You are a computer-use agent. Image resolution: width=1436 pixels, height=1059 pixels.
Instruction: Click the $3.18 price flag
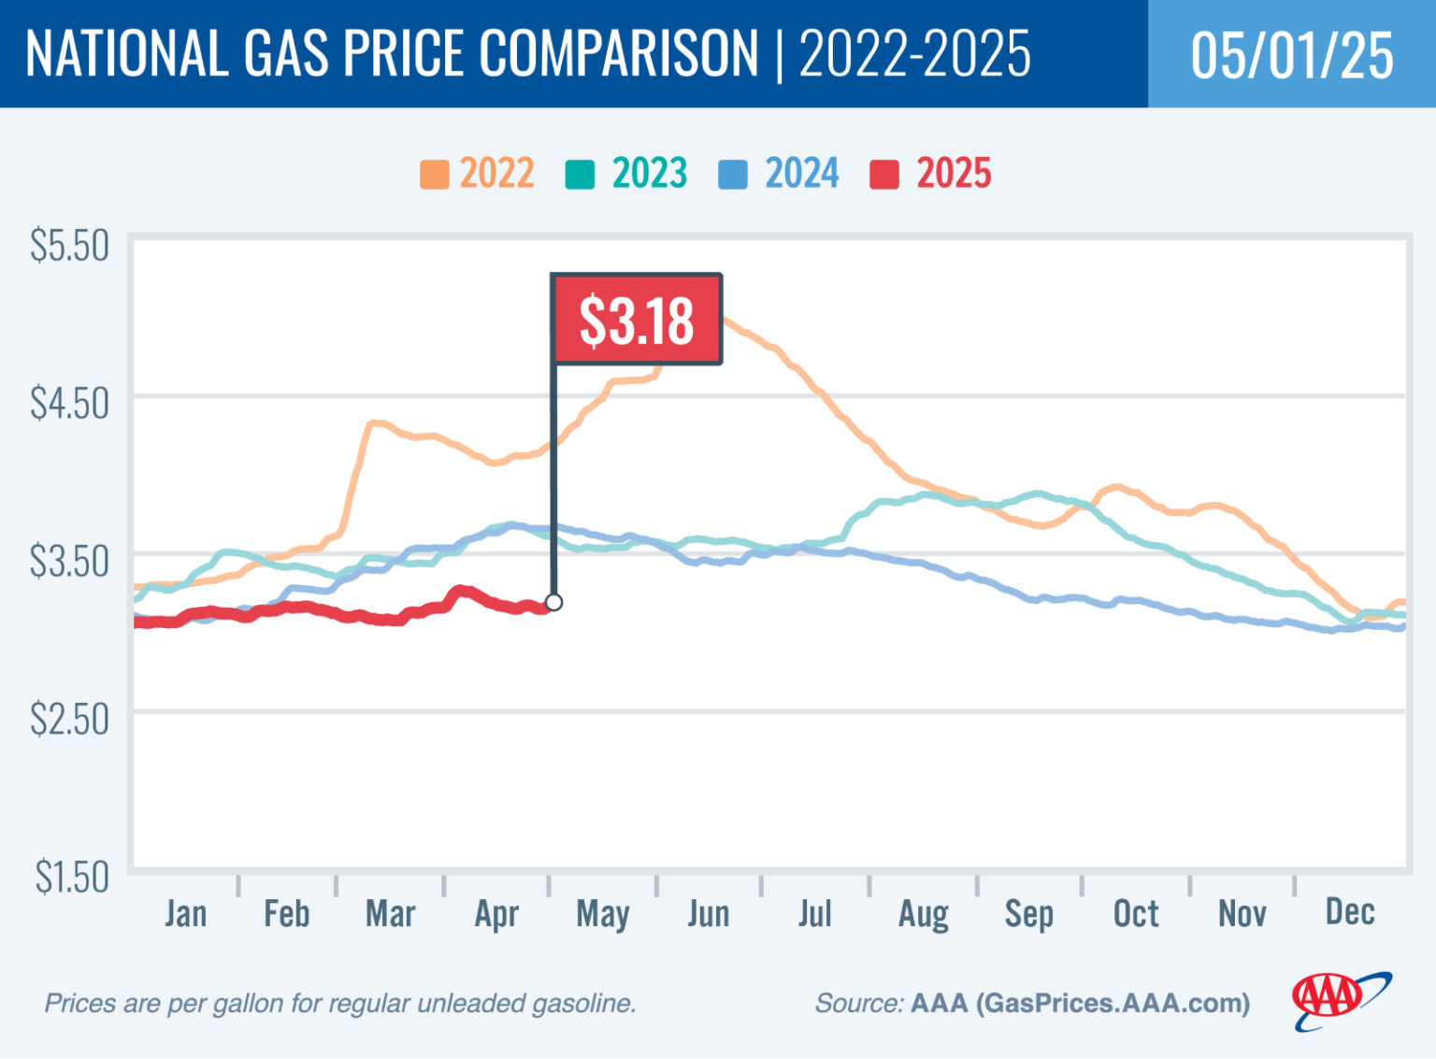[x=637, y=320]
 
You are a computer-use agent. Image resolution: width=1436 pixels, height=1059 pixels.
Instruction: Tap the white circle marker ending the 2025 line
[x=553, y=602]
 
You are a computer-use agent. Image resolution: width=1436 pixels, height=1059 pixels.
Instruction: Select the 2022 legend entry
[x=478, y=174]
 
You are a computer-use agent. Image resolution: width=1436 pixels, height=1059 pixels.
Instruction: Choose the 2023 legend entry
[x=627, y=174]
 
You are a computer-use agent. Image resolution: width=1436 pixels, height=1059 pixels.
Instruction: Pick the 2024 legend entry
[x=780, y=174]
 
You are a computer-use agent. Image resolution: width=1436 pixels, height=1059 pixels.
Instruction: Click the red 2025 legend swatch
[x=884, y=175]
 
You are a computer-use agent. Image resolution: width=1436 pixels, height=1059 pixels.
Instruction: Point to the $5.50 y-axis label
[x=69, y=246]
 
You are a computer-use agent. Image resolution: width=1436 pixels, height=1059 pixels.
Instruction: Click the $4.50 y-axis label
[x=69, y=404]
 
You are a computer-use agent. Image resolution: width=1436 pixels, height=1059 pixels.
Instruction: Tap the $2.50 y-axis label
[x=69, y=720]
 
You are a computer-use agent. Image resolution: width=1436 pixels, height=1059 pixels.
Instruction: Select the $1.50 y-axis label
[x=72, y=878]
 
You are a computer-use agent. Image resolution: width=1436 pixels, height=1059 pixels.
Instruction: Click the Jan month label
[x=185, y=913]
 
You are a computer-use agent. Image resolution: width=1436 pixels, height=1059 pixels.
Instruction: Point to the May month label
[x=603, y=914]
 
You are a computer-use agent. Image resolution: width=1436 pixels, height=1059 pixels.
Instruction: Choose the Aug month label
[x=924, y=914]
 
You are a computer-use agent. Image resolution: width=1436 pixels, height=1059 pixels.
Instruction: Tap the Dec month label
[x=1350, y=911]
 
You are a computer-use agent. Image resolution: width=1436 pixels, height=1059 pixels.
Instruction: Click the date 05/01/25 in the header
[x=1292, y=54]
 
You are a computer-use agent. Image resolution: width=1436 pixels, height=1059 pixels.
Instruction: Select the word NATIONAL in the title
[x=126, y=53]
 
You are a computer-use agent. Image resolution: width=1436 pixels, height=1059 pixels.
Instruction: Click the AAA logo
[x=1340, y=1000]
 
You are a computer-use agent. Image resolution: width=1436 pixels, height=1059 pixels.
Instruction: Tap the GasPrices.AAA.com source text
[x=1112, y=1003]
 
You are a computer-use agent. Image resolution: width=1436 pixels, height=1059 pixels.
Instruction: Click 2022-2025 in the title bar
[x=914, y=53]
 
